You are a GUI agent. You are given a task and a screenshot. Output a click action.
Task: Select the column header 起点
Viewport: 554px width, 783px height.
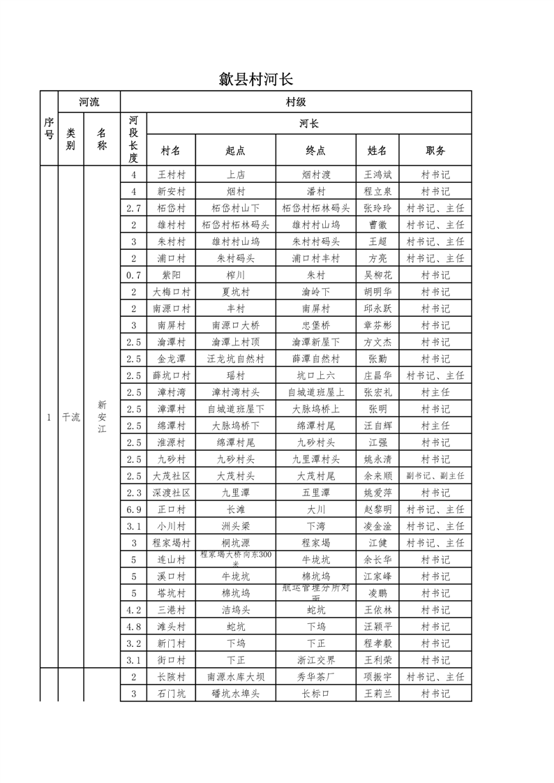(x=235, y=150)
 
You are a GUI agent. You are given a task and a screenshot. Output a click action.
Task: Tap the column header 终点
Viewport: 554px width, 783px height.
(x=315, y=150)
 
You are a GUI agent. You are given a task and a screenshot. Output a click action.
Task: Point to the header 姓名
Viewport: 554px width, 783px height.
(x=377, y=150)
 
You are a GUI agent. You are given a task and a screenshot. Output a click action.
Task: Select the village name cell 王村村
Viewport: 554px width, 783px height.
(x=171, y=174)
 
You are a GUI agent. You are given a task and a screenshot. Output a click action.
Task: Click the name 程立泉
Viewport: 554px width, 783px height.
(x=377, y=191)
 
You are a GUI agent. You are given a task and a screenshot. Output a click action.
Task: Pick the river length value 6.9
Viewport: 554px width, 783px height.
(x=133, y=509)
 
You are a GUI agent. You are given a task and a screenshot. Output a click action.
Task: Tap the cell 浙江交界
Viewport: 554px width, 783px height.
(x=315, y=660)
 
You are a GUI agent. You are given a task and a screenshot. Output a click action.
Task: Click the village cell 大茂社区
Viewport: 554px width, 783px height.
(x=171, y=476)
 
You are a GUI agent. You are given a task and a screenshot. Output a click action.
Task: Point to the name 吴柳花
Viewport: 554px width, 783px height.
(x=377, y=275)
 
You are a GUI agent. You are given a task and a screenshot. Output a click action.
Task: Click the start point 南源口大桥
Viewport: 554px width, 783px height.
(x=235, y=325)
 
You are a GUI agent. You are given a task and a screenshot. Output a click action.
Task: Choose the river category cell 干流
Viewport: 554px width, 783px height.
(x=70, y=417)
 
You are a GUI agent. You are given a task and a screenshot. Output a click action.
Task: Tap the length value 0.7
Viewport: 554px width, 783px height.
(x=133, y=275)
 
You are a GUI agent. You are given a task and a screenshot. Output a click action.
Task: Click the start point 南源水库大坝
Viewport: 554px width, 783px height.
(x=235, y=677)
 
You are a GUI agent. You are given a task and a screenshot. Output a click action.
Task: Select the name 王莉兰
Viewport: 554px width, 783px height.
(x=377, y=694)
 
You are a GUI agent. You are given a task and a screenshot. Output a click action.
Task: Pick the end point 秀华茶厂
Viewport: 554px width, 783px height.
(x=315, y=677)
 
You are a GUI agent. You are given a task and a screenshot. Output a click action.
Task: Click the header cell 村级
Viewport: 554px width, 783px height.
(x=296, y=102)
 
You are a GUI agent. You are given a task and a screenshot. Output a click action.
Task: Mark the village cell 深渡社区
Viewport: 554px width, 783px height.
(x=171, y=493)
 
